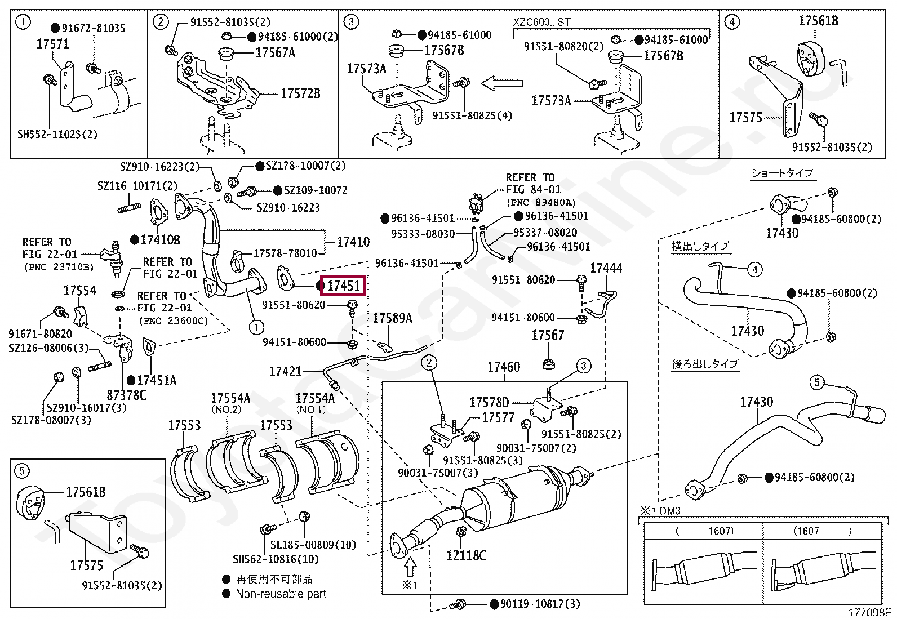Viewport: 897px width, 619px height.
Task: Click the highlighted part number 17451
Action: pyautogui.click(x=343, y=286)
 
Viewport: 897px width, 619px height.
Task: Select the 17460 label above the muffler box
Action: pyautogui.click(x=504, y=367)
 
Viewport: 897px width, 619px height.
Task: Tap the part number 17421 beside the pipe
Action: pyautogui.click(x=286, y=372)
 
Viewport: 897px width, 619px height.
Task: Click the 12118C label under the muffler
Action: pyautogui.click(x=466, y=555)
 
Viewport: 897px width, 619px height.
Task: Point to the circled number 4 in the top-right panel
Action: pyautogui.click(x=731, y=23)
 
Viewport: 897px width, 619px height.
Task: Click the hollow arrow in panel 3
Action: pyautogui.click(x=503, y=84)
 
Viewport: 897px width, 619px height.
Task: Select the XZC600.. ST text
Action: pyautogui.click(x=541, y=23)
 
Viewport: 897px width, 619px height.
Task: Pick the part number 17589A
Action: pyautogui.click(x=392, y=319)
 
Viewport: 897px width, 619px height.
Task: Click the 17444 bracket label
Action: pyautogui.click(x=606, y=268)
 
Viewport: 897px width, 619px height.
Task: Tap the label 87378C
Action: pyautogui.click(x=126, y=395)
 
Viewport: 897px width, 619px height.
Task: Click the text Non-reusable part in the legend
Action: pyautogui.click(x=281, y=594)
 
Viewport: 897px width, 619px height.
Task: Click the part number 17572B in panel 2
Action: pyautogui.click(x=300, y=93)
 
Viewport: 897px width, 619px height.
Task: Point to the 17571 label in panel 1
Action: pyautogui.click(x=53, y=44)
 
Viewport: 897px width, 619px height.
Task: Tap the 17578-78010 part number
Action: pyautogui.click(x=285, y=253)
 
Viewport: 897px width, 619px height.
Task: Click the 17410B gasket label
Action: pyautogui.click(x=160, y=240)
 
